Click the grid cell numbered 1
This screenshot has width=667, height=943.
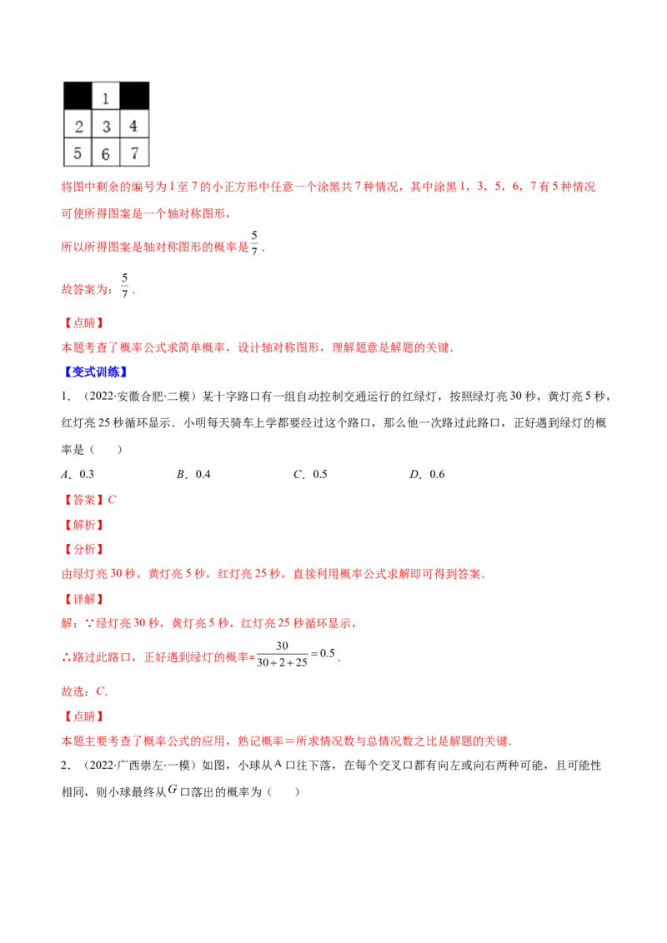[106, 98]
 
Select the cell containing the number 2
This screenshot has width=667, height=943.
[78, 127]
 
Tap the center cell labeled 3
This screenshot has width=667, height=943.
[106, 127]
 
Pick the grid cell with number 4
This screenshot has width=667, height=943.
[134, 127]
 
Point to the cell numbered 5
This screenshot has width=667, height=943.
[78, 153]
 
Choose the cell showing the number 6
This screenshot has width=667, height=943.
[106, 153]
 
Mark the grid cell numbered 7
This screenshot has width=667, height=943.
[134, 153]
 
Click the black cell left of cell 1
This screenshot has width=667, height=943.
[78, 97]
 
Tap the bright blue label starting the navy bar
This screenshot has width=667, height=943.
[95, 372]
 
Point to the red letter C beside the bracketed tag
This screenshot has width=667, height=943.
[113, 500]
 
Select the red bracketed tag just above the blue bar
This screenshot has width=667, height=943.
[83, 322]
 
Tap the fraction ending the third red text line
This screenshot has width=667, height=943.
[255, 247]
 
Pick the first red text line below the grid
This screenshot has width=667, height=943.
[329, 187]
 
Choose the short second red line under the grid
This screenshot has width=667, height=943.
[146, 214]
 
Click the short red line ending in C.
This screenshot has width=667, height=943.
[85, 691]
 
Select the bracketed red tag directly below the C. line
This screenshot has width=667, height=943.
[83, 716]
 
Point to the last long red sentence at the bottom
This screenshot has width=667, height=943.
[286, 741]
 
